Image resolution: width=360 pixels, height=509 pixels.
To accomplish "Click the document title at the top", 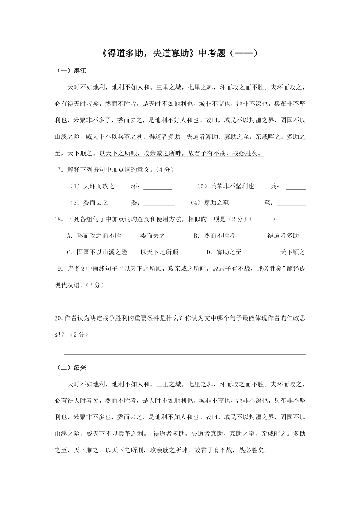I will pos(180,53).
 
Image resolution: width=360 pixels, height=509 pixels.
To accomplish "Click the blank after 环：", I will pos(158,187).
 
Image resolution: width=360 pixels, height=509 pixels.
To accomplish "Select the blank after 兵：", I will pos(295,187).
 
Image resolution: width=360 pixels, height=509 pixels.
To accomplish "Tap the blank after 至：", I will pos(291,203).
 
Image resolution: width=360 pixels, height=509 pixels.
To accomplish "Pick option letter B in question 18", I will pos(196,236).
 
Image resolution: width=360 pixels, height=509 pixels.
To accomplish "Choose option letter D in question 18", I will pos(209,253).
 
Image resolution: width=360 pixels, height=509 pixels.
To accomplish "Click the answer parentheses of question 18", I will pos(262,219).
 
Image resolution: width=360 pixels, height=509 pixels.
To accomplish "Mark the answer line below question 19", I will pos(184,304).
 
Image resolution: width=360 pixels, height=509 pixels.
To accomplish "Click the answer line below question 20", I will pos(184,354).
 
